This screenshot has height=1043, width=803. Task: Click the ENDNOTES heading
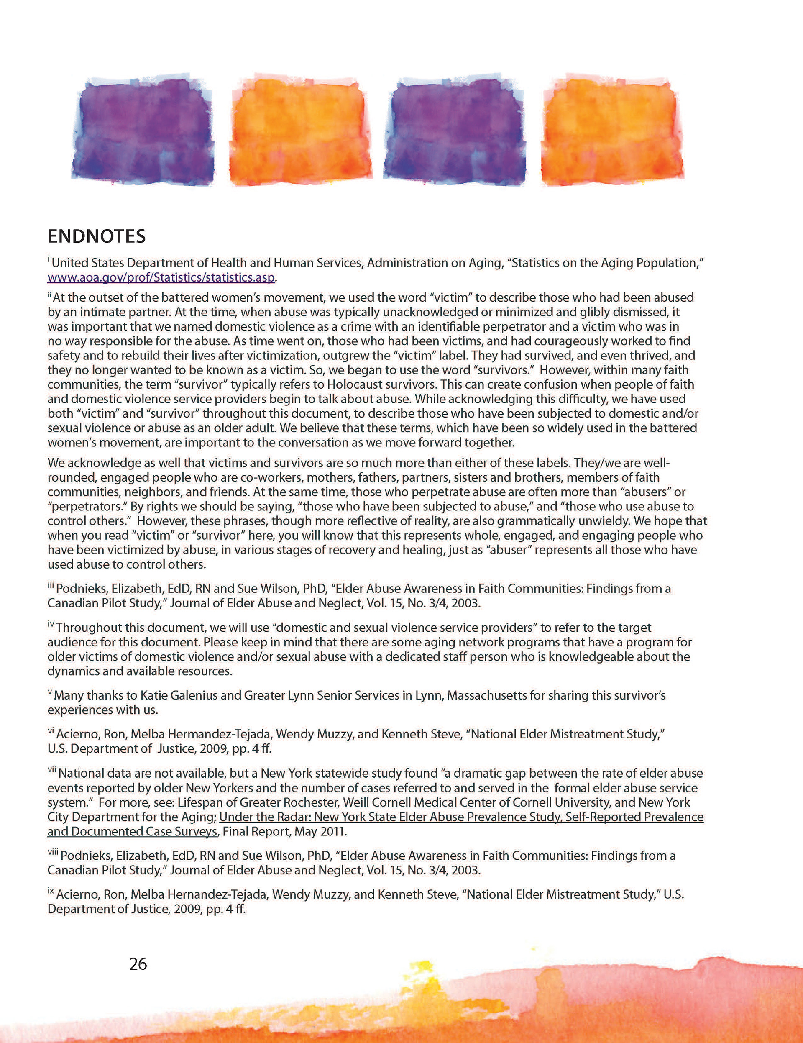tap(97, 236)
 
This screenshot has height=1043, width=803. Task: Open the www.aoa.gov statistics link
tap(161, 277)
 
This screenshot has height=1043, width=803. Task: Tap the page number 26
tap(138, 964)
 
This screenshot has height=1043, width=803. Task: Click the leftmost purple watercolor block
tap(143, 131)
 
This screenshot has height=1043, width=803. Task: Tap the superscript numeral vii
tap(51, 770)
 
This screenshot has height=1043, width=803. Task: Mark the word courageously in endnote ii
tap(549, 341)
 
